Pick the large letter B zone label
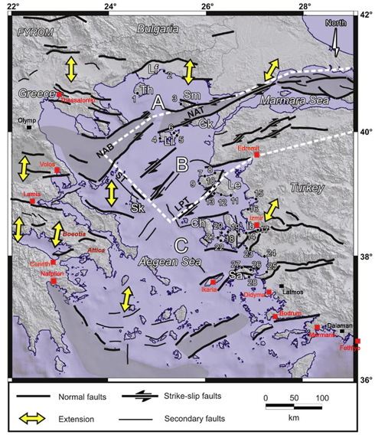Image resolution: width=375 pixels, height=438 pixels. [x=182, y=163]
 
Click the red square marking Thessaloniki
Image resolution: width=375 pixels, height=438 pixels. [x=59, y=94]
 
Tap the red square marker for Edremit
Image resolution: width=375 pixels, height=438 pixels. [x=257, y=155]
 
